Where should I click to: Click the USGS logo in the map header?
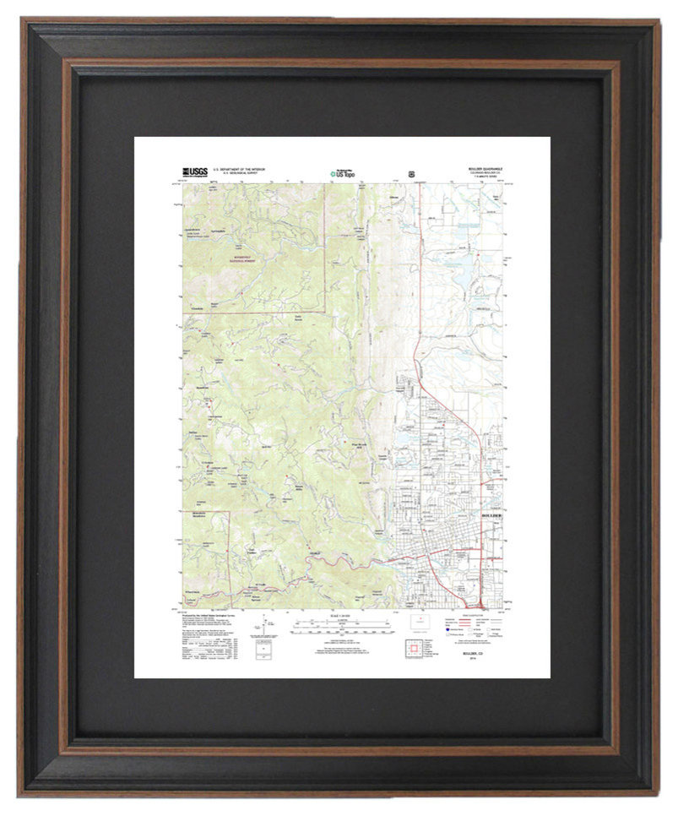[196, 171]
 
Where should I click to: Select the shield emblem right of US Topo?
[411, 172]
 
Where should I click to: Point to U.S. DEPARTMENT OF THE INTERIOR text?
[240, 169]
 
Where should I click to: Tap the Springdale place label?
[219, 230]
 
